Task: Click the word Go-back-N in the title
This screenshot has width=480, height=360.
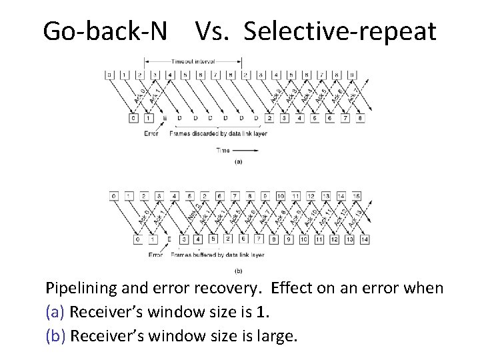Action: tap(105, 31)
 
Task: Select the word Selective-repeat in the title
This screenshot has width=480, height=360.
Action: tap(340, 31)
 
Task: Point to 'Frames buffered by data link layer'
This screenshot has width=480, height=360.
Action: tap(217, 255)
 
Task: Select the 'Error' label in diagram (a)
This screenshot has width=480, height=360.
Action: tap(151, 133)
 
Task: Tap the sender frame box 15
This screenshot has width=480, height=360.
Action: tap(357, 196)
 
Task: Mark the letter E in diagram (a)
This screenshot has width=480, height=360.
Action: tap(165, 119)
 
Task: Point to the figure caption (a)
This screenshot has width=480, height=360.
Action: tap(238, 161)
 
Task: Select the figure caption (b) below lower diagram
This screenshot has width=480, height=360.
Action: tap(238, 271)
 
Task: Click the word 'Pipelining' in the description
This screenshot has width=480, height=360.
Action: tap(78, 288)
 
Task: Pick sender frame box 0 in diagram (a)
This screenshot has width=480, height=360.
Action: tap(109, 75)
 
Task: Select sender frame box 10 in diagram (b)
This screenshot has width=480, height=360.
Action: tap(280, 196)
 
